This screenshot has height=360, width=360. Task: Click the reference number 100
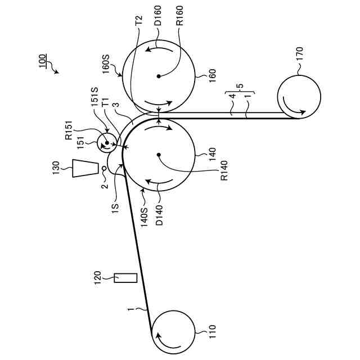tap(44, 60)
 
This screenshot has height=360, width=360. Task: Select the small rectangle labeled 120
tap(125, 277)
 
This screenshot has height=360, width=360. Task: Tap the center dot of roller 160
tap(159, 75)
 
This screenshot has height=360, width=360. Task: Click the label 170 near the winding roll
tap(299, 54)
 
